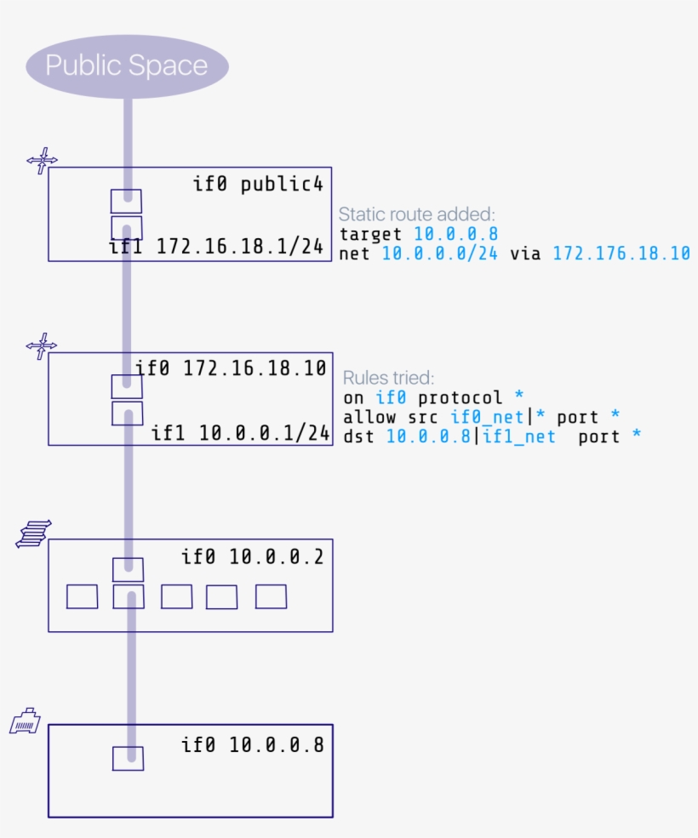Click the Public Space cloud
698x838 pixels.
click(x=127, y=66)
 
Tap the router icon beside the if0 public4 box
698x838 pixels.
click(x=42, y=160)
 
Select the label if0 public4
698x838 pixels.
click(x=259, y=183)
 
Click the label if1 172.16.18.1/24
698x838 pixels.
click(x=216, y=247)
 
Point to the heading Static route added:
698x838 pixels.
click(x=416, y=214)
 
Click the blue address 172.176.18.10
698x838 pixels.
click(x=621, y=253)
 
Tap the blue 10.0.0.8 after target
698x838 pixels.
click(x=455, y=233)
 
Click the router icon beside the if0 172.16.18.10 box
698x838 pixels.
click(x=42, y=345)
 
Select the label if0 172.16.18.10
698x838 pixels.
click(x=231, y=368)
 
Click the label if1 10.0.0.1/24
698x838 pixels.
click(x=240, y=432)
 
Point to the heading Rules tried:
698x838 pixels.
click(x=388, y=377)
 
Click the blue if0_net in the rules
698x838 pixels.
click(x=487, y=417)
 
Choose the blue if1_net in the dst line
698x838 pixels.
click(x=518, y=436)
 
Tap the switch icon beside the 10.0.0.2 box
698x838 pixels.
click(x=34, y=533)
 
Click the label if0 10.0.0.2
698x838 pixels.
click(x=252, y=557)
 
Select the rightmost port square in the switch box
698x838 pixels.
click(x=271, y=596)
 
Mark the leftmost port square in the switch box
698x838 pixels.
click(x=83, y=596)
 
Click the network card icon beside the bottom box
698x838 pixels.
click(x=25, y=721)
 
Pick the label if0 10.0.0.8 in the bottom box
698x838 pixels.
click(x=252, y=745)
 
